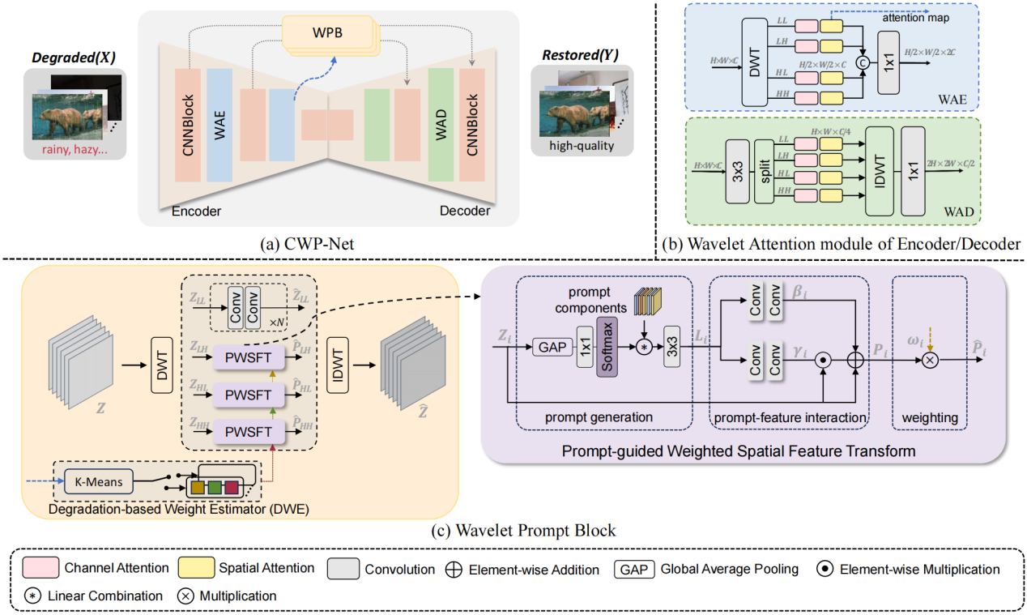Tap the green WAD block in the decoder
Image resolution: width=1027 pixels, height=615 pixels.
tap(441, 125)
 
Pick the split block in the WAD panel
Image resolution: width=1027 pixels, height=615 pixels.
tap(765, 170)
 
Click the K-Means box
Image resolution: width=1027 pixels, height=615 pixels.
tap(94, 482)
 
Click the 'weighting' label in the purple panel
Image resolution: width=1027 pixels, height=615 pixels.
tap(928, 417)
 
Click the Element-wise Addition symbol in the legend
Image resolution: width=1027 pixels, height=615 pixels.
tap(454, 570)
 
